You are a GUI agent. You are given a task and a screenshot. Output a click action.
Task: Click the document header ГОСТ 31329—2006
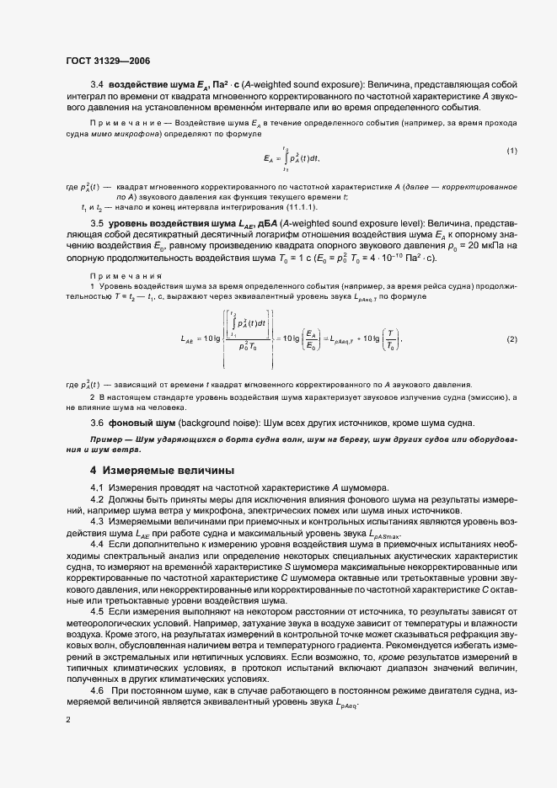108,61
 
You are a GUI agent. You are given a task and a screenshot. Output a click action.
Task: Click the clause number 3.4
96,85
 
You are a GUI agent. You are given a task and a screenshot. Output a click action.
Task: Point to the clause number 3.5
96,223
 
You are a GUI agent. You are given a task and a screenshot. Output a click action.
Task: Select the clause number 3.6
96,422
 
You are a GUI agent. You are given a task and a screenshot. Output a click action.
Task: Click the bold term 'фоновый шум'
140,422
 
